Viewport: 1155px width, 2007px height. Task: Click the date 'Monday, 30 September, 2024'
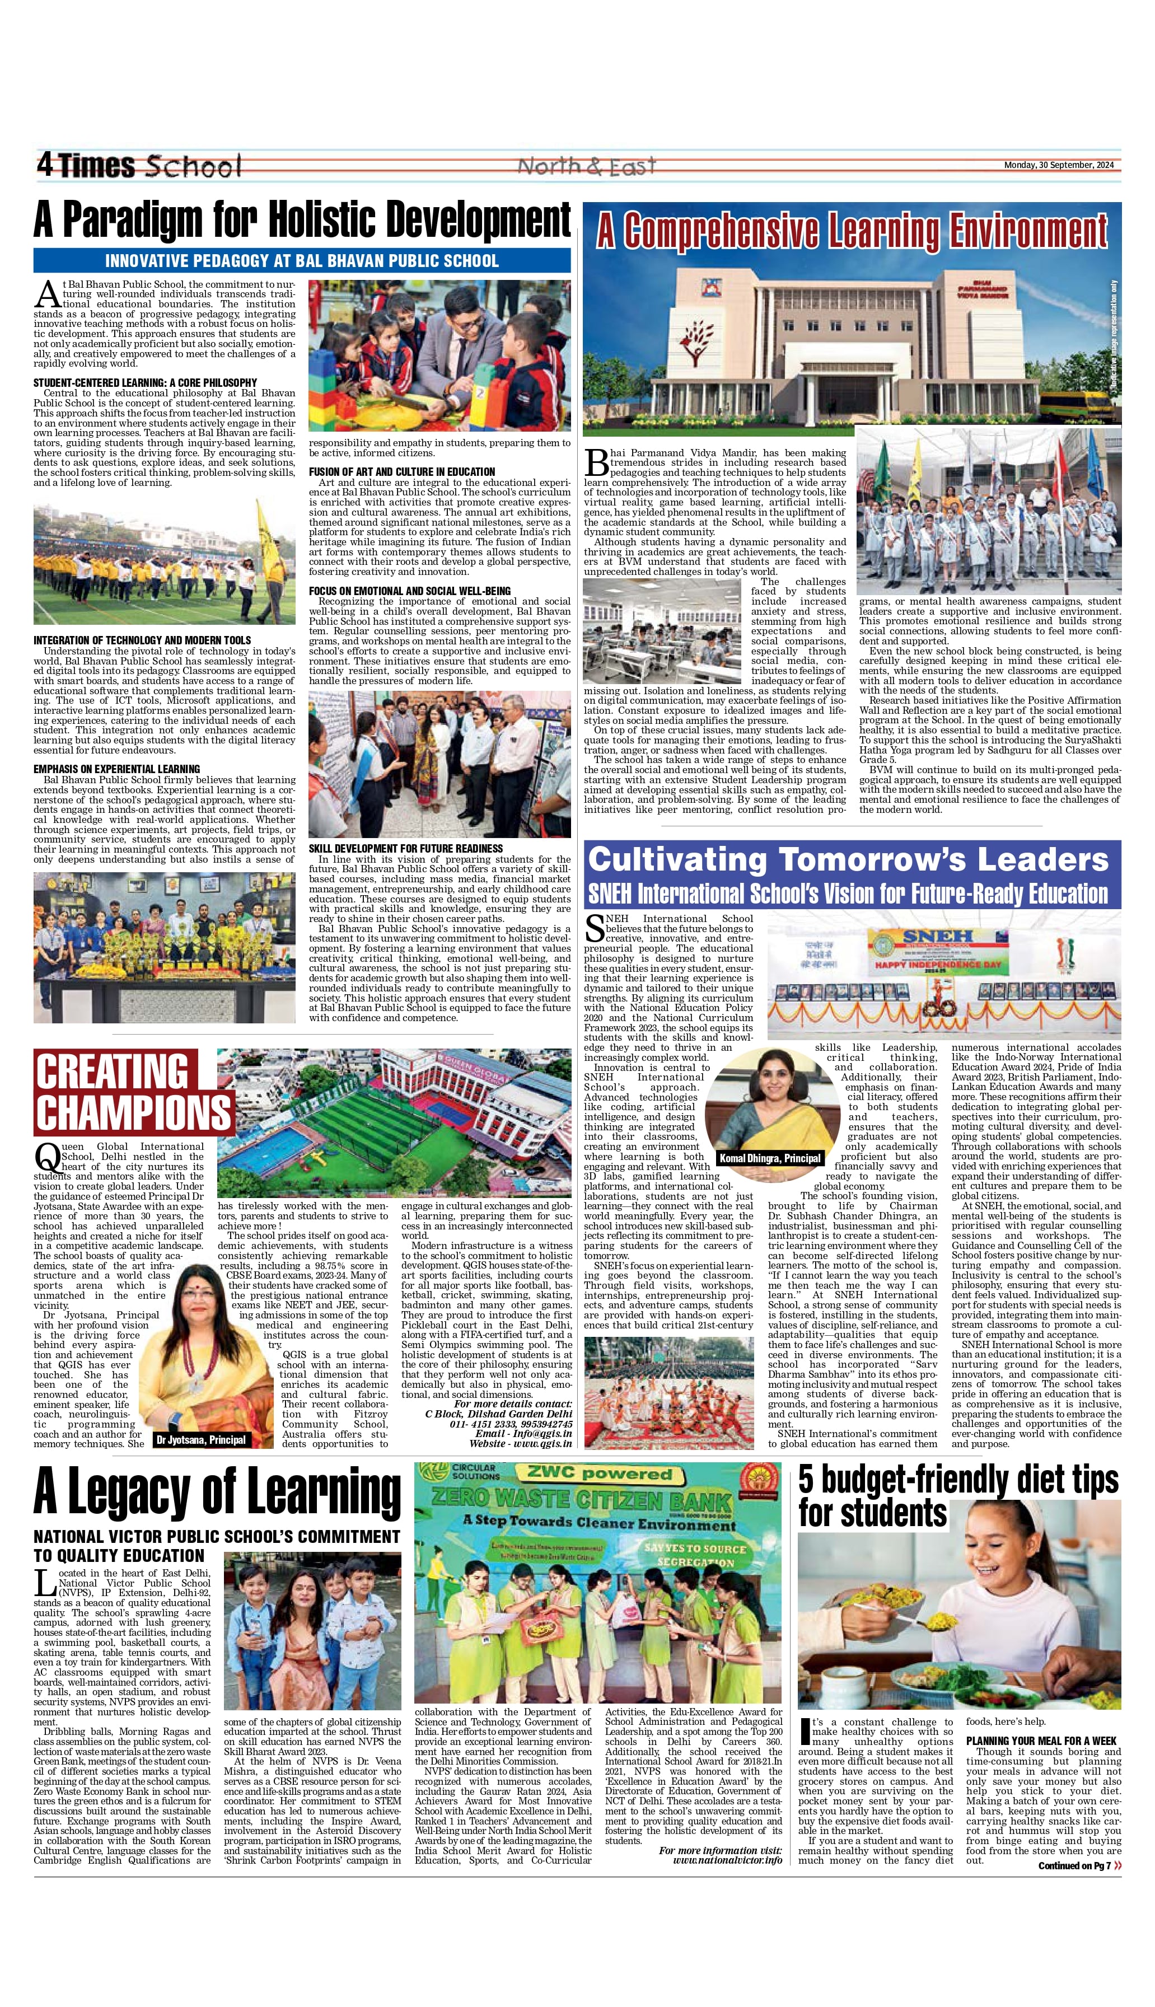click(1058, 165)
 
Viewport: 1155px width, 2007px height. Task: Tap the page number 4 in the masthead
click(44, 165)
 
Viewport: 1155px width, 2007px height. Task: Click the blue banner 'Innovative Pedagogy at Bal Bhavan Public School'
click(301, 261)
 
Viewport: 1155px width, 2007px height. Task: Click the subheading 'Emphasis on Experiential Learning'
click(116, 769)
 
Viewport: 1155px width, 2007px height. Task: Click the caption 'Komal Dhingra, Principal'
click(769, 1158)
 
